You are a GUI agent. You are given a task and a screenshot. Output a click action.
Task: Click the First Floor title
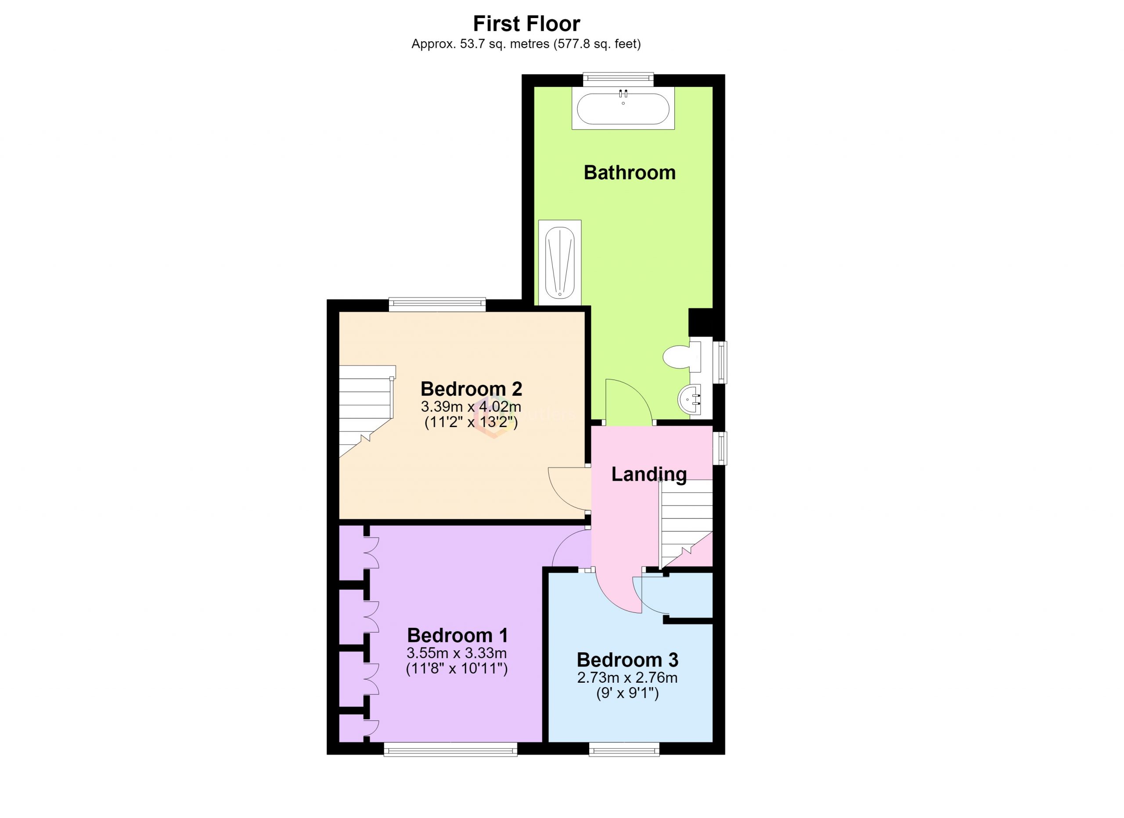click(x=526, y=23)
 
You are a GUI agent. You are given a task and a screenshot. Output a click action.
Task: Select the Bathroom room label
click(x=630, y=173)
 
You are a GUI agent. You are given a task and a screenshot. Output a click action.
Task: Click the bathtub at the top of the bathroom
click(x=623, y=109)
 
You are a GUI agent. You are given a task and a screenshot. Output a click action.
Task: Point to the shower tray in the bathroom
click(x=559, y=262)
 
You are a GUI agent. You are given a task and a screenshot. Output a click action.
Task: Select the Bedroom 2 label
click(x=471, y=389)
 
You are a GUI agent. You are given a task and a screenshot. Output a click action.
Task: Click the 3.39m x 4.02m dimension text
click(x=471, y=407)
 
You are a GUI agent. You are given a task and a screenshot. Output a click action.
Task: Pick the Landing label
click(x=649, y=474)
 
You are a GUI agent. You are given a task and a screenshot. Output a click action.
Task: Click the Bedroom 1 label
click(x=458, y=635)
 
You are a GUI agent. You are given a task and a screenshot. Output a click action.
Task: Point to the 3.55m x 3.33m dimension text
click(x=457, y=652)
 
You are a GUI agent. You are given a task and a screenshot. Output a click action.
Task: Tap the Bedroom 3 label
click(x=627, y=660)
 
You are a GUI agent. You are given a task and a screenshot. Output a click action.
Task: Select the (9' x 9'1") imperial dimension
click(x=627, y=694)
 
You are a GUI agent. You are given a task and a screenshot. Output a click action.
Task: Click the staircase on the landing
click(x=685, y=524)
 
